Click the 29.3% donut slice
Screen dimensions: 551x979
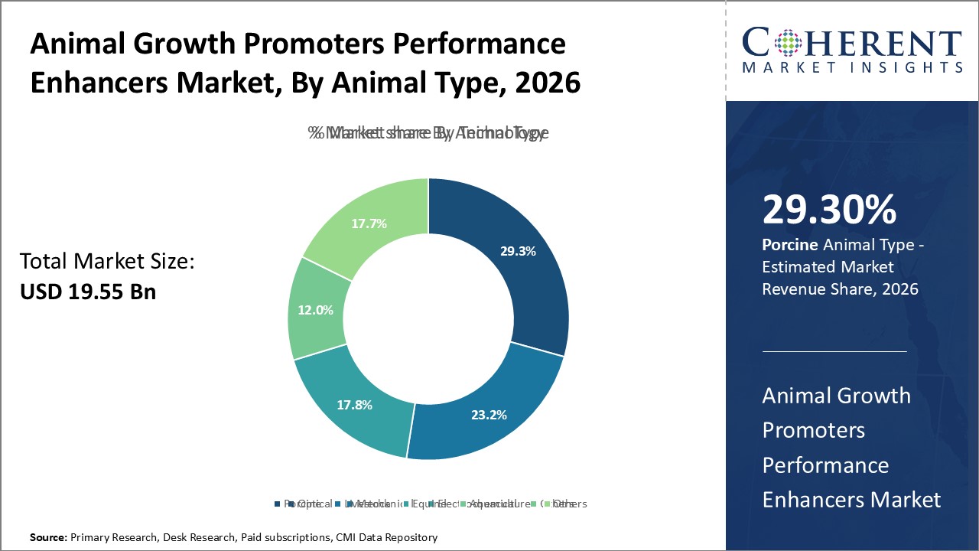[x=520, y=260]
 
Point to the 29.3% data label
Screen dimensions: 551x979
[x=519, y=250]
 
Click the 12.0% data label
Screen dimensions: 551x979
[x=315, y=310]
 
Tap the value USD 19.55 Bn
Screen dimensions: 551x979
[x=87, y=292]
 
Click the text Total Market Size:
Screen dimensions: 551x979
[x=107, y=262]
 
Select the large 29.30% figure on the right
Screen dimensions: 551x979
[x=829, y=210]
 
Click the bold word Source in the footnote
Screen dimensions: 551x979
[x=48, y=537]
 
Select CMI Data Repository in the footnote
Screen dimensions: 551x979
[x=386, y=537]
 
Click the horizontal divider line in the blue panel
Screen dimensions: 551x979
[x=834, y=351]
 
